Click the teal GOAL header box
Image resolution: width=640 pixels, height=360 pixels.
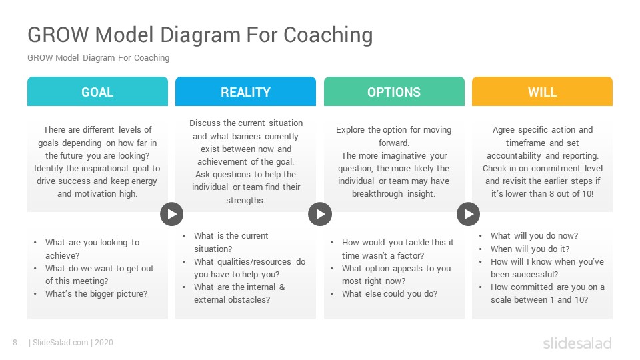coord(97,91)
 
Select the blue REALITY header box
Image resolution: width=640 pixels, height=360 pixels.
coord(246,91)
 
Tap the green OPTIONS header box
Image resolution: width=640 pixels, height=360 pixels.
coord(394,91)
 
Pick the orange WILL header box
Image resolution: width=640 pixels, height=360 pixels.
coord(543,91)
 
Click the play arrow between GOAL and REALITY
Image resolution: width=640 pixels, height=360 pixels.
coord(172,214)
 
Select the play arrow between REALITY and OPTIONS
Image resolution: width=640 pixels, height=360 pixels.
coord(320,214)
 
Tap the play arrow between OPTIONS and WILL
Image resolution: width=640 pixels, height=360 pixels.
coord(469,214)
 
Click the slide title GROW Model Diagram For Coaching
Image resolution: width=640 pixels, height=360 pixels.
coord(200,35)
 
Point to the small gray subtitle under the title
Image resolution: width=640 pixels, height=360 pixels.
coord(99,58)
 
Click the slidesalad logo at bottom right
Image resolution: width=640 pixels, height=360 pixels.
coord(577,343)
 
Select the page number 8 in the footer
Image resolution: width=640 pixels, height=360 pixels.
coord(15,343)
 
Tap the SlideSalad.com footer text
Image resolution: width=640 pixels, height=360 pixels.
coord(61,343)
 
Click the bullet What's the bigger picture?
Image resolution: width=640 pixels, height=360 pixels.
coord(96,294)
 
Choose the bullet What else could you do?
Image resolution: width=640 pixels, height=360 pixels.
coord(390,294)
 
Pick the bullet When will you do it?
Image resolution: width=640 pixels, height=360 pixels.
coord(530,249)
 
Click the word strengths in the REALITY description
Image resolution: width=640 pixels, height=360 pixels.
coord(245,201)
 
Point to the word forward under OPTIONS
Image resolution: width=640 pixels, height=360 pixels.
coord(393,143)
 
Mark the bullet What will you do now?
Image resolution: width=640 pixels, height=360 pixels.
coord(534,236)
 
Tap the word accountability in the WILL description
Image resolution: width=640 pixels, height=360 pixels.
coord(514,156)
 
